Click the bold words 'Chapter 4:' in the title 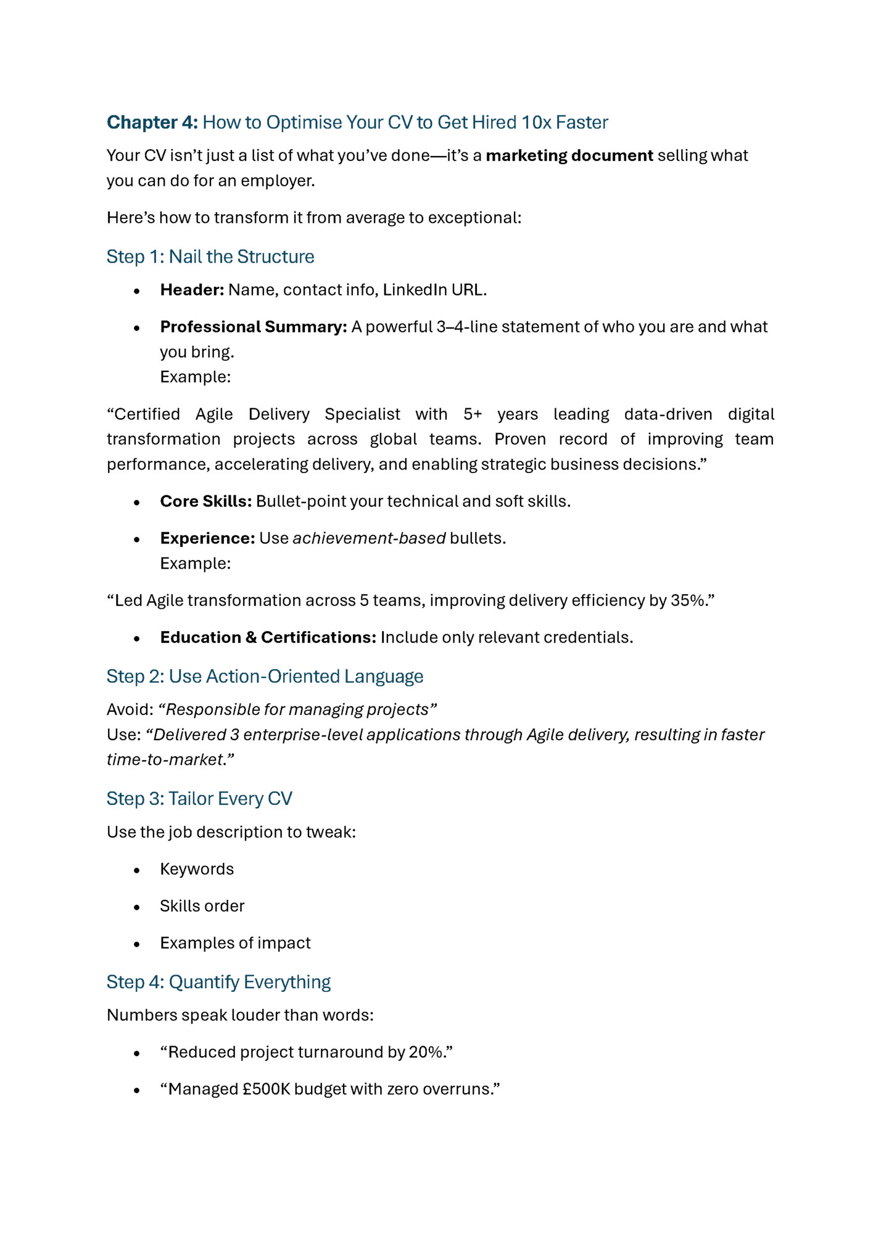tap(152, 122)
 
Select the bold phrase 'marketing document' tap(569, 155)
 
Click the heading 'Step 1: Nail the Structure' tap(210, 257)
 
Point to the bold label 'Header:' tap(192, 290)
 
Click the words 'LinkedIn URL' tap(433, 290)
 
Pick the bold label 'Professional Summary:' tap(254, 327)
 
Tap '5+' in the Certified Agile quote tap(473, 414)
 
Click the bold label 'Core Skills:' tap(205, 502)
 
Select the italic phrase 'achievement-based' tap(369, 539)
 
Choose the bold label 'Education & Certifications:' tap(268, 638)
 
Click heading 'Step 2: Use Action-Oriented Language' tap(265, 677)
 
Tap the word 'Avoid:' tap(130, 710)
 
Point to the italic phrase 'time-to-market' tap(165, 760)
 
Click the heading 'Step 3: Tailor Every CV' tap(199, 799)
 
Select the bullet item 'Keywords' tap(197, 869)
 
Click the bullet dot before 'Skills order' tap(137, 907)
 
